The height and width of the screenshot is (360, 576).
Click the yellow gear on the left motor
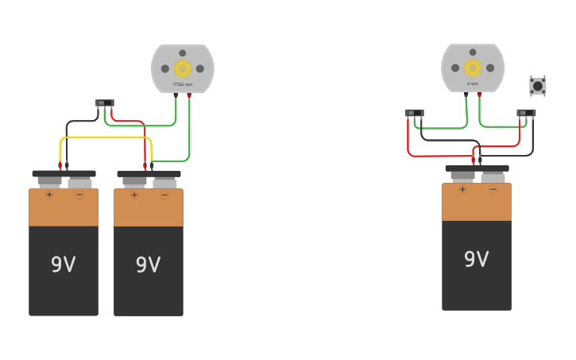[x=182, y=68]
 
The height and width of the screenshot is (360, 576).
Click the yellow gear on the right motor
[x=473, y=68]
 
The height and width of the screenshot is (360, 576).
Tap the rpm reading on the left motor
[x=183, y=83]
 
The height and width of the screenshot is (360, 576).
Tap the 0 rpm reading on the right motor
[x=473, y=83]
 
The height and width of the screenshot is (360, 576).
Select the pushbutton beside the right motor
[x=538, y=85]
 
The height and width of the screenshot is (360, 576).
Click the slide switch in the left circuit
[x=105, y=103]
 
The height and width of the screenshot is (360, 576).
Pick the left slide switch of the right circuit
[x=414, y=113]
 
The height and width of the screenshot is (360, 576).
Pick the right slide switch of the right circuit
[x=526, y=113]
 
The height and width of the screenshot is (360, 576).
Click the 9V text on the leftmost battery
[x=64, y=265]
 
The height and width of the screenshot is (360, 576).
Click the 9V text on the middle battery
[x=149, y=265]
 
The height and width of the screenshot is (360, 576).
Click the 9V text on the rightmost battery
[x=477, y=260]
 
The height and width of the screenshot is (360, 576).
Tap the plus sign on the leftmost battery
[x=49, y=194]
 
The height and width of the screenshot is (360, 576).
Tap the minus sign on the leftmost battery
[x=79, y=194]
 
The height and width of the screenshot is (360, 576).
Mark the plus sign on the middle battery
[x=134, y=194]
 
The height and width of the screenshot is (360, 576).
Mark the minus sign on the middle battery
[x=164, y=194]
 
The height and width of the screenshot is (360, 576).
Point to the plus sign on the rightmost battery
[x=462, y=189]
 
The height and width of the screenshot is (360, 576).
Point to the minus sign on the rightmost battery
[x=493, y=189]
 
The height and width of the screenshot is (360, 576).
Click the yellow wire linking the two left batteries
[x=103, y=137]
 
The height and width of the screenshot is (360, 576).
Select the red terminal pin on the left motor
[x=189, y=95]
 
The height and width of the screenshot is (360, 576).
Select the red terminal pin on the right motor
[x=479, y=95]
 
